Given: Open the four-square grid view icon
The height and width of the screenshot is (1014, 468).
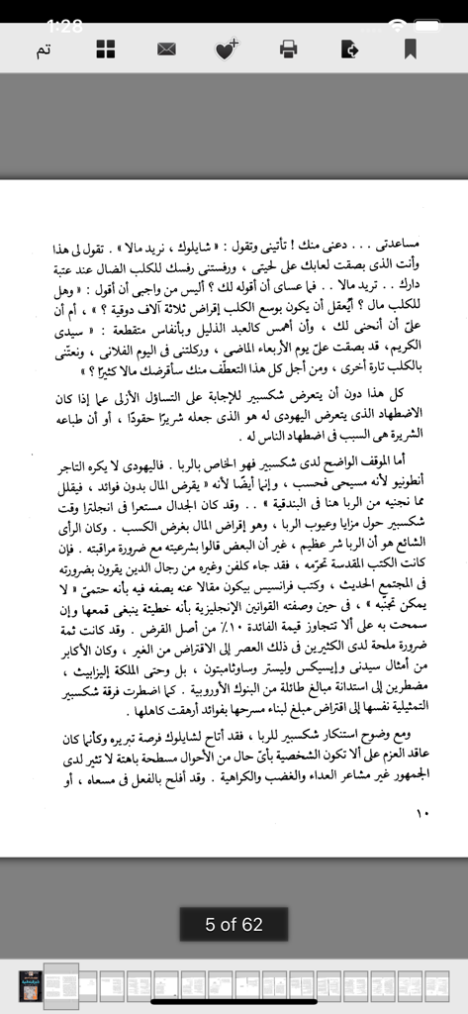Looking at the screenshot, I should point(106,49).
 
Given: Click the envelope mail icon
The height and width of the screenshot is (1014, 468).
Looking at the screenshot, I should point(166,49).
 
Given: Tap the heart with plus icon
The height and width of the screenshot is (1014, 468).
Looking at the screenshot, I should point(227,49).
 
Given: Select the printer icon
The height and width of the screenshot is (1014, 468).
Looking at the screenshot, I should point(288,49).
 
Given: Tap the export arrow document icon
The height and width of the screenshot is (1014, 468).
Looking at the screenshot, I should point(348,49).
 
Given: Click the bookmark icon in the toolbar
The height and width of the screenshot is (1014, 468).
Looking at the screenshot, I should point(410,49).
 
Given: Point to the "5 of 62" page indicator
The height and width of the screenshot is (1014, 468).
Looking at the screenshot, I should point(234,924).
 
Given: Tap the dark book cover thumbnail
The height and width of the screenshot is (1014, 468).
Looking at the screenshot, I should point(31,985).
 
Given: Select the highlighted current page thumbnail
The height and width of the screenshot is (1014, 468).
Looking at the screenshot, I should point(61,985).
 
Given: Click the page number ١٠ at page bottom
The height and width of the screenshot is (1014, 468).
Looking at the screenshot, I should point(424,814).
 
